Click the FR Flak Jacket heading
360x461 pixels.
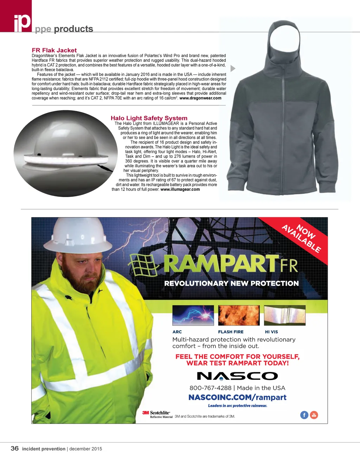coord(54,50)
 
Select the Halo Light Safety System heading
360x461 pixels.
coord(149,118)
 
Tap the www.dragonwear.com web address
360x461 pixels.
coord(200,98)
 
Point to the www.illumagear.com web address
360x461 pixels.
coord(180,189)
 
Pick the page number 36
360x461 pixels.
coord(14,448)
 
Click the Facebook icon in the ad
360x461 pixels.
coord(304,415)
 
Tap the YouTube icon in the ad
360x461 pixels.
coord(314,415)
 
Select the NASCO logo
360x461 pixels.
coord(237,376)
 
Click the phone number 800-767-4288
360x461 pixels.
coord(210,388)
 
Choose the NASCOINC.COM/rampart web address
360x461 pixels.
coord(237,397)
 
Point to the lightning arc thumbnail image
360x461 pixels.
coord(193,315)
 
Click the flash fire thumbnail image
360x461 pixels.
coord(239,315)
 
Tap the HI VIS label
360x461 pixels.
coord(271,332)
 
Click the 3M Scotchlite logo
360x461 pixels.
coord(157,414)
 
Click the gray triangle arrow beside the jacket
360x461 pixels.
coord(232,69)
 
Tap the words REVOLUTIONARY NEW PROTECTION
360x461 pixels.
coord(231,284)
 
